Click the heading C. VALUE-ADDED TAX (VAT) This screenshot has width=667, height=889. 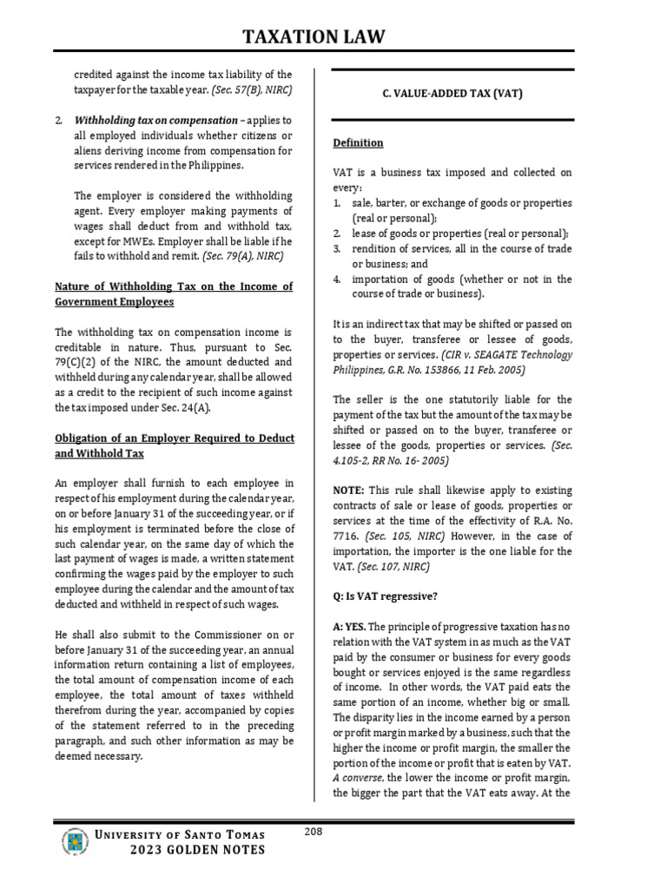tap(453, 94)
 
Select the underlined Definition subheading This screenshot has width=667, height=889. tap(359, 142)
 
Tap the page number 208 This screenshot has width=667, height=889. tap(314, 833)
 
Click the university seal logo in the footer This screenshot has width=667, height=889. tap(76, 842)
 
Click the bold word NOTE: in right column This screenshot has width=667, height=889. tap(350, 491)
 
